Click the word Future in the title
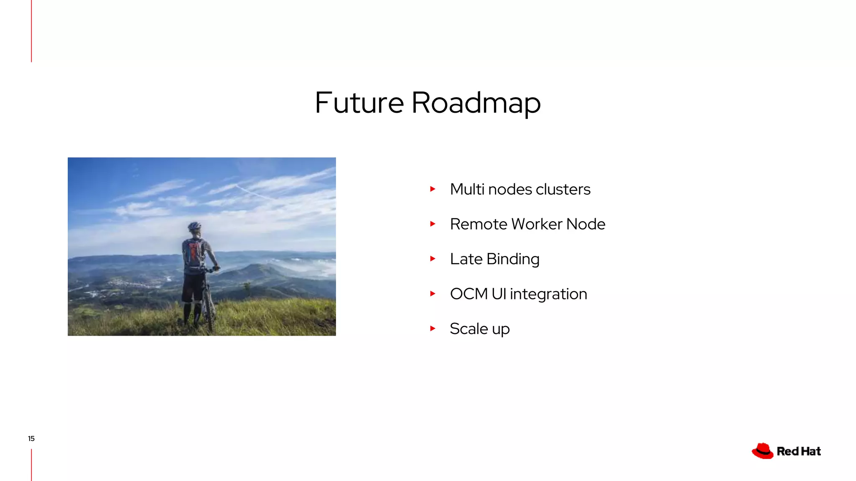coord(359,103)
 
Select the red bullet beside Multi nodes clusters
coord(433,189)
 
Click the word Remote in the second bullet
coord(479,224)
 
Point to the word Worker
coord(537,224)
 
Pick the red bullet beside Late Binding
coord(433,259)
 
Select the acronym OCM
coord(469,294)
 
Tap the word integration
coord(548,294)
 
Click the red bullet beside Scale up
coord(433,329)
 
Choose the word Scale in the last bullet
coord(469,329)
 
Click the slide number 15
coord(31,438)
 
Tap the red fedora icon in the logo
coord(763,451)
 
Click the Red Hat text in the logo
coord(799,451)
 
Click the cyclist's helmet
coord(194,226)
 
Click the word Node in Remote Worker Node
coord(586,224)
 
